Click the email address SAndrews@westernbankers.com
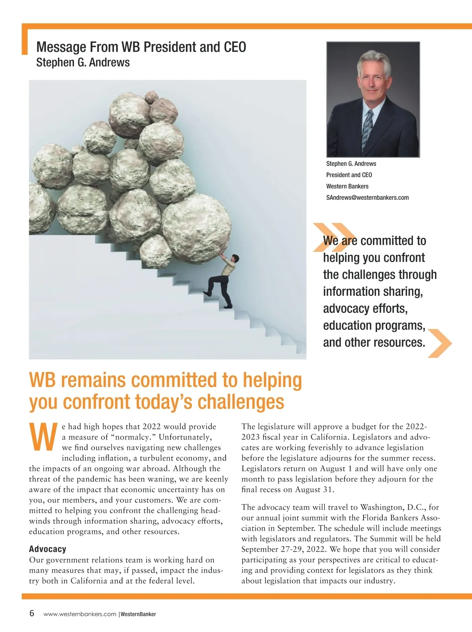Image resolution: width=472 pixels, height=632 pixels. [x=367, y=198]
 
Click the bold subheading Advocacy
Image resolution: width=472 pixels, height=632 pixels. [x=48, y=549]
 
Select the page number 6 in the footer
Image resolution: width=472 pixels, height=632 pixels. [x=32, y=613]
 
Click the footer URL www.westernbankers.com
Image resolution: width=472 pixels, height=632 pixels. [x=80, y=614]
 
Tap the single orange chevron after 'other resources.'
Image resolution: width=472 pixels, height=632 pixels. [x=439, y=343]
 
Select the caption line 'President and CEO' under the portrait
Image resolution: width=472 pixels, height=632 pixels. [x=349, y=175]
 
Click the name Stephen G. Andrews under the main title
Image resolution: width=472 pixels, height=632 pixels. [x=83, y=63]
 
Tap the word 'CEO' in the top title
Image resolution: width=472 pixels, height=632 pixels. [x=235, y=47]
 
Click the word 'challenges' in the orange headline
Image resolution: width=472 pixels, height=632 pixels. [x=241, y=402]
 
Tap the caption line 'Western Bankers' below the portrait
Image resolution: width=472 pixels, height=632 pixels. [x=347, y=186]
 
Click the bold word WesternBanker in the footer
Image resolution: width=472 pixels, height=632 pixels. [x=138, y=614]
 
